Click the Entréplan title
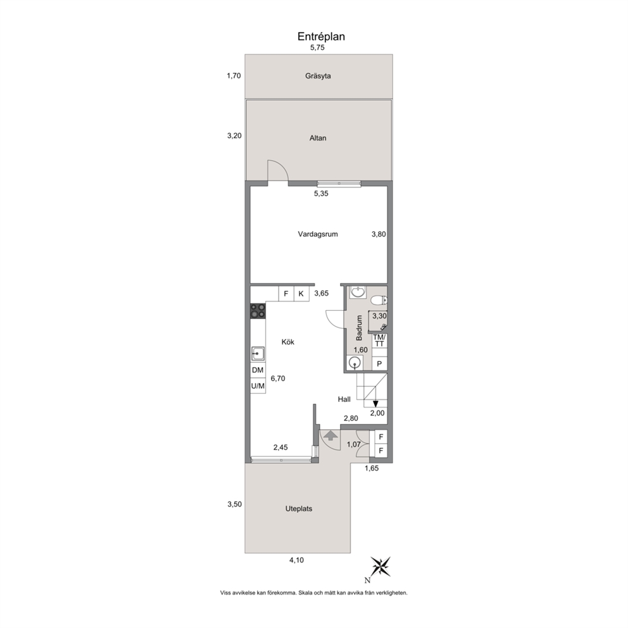(x=321, y=37)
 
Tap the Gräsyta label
(x=318, y=76)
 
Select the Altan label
(x=318, y=138)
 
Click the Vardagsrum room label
(x=318, y=234)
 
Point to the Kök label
(x=287, y=342)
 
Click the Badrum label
(x=359, y=328)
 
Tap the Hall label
(x=344, y=399)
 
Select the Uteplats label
(x=299, y=508)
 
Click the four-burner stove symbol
(x=258, y=311)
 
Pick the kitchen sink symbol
(x=258, y=354)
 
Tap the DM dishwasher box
(x=258, y=370)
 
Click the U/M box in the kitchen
(x=258, y=386)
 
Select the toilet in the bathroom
(x=379, y=300)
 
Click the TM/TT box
(x=379, y=341)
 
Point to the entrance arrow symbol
(x=330, y=436)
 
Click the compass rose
(x=380, y=567)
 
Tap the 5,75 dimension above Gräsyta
(x=317, y=47)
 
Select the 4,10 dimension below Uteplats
(x=296, y=560)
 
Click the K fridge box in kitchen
(x=301, y=294)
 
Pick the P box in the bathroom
(x=379, y=364)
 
